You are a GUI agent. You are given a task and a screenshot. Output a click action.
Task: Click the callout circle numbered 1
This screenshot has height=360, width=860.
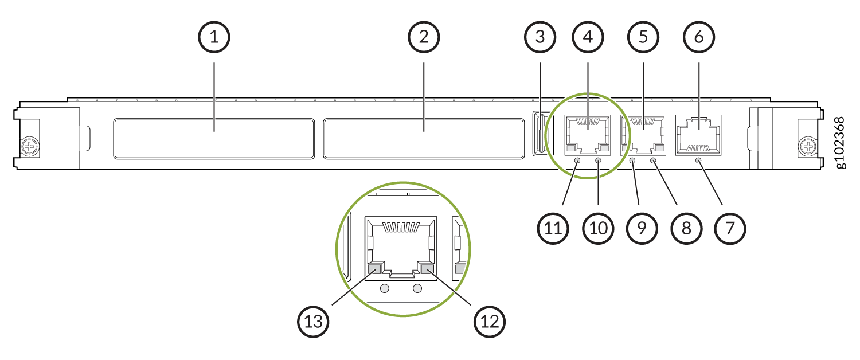[x=214, y=37]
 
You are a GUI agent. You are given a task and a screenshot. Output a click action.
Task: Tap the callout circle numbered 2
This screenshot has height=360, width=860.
[x=424, y=37]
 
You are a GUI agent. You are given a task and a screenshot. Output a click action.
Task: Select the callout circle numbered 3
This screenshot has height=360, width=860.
[x=540, y=37]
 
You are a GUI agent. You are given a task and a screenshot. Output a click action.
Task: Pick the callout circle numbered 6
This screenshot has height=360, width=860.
[x=699, y=37]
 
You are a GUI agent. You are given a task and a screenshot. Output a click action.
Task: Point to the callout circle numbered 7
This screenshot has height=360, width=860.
[x=730, y=229]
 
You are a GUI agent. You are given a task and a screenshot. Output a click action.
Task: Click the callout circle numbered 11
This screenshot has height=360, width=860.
[x=553, y=229]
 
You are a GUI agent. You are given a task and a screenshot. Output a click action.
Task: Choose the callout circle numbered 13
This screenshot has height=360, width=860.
[x=313, y=322]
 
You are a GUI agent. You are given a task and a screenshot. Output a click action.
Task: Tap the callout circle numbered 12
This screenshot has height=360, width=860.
[x=490, y=322]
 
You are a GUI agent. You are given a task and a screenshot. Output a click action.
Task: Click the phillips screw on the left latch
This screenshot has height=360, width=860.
[x=30, y=146]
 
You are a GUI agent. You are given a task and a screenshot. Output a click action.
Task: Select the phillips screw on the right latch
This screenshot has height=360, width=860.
[x=808, y=146]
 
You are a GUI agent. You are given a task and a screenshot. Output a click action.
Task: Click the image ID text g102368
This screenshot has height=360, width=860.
[x=840, y=142]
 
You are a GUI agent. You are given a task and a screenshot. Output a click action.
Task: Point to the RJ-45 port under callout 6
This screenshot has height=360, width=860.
[x=698, y=135]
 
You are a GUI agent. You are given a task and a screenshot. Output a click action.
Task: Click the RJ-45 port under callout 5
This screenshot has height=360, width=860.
[x=643, y=135]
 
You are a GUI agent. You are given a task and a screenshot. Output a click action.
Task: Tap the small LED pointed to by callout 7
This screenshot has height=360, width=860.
[x=698, y=161]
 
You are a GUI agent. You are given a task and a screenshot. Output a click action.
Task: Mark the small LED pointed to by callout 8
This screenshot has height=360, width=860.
[x=654, y=161]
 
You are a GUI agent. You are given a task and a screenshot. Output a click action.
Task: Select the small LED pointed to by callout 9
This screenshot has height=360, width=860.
[x=633, y=161]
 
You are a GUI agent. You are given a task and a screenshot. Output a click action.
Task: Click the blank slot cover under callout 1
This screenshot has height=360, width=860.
[x=214, y=139]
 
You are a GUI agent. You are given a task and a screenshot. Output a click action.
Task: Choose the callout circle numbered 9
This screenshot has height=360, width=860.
[x=642, y=229]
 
